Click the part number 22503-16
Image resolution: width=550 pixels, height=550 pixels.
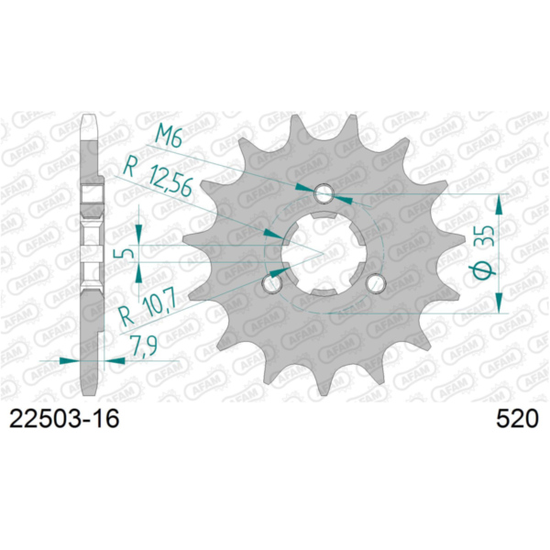click(x=64, y=422)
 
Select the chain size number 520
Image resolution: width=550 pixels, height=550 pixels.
click(x=516, y=422)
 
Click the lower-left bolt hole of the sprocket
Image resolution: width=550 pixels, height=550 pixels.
click(x=271, y=284)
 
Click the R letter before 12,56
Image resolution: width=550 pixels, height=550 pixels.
click(x=130, y=169)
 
